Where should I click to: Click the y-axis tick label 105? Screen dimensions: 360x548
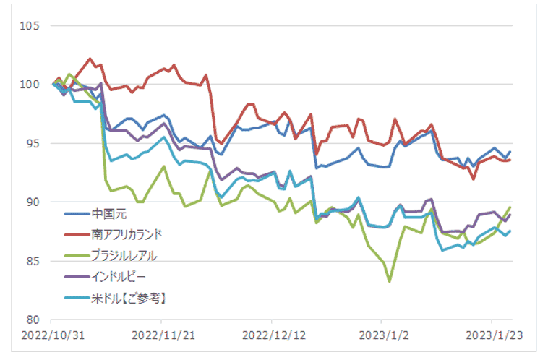30,26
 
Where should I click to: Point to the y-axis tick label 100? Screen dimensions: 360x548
30,85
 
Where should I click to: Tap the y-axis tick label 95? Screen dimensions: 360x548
33,143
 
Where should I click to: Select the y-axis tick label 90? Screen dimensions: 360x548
33,202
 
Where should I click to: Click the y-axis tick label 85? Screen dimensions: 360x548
33,260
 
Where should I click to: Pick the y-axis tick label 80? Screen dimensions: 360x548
33,319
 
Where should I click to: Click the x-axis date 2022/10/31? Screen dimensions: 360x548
51,335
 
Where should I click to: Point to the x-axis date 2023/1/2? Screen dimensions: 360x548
382,335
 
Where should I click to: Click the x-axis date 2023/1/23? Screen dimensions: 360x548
492,335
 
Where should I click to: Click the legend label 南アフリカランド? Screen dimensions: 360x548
127,234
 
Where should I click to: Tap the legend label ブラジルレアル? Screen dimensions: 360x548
124,254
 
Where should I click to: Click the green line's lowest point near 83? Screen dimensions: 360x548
390,280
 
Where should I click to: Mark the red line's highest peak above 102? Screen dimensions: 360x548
90,59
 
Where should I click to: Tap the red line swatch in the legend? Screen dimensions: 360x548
76,234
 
